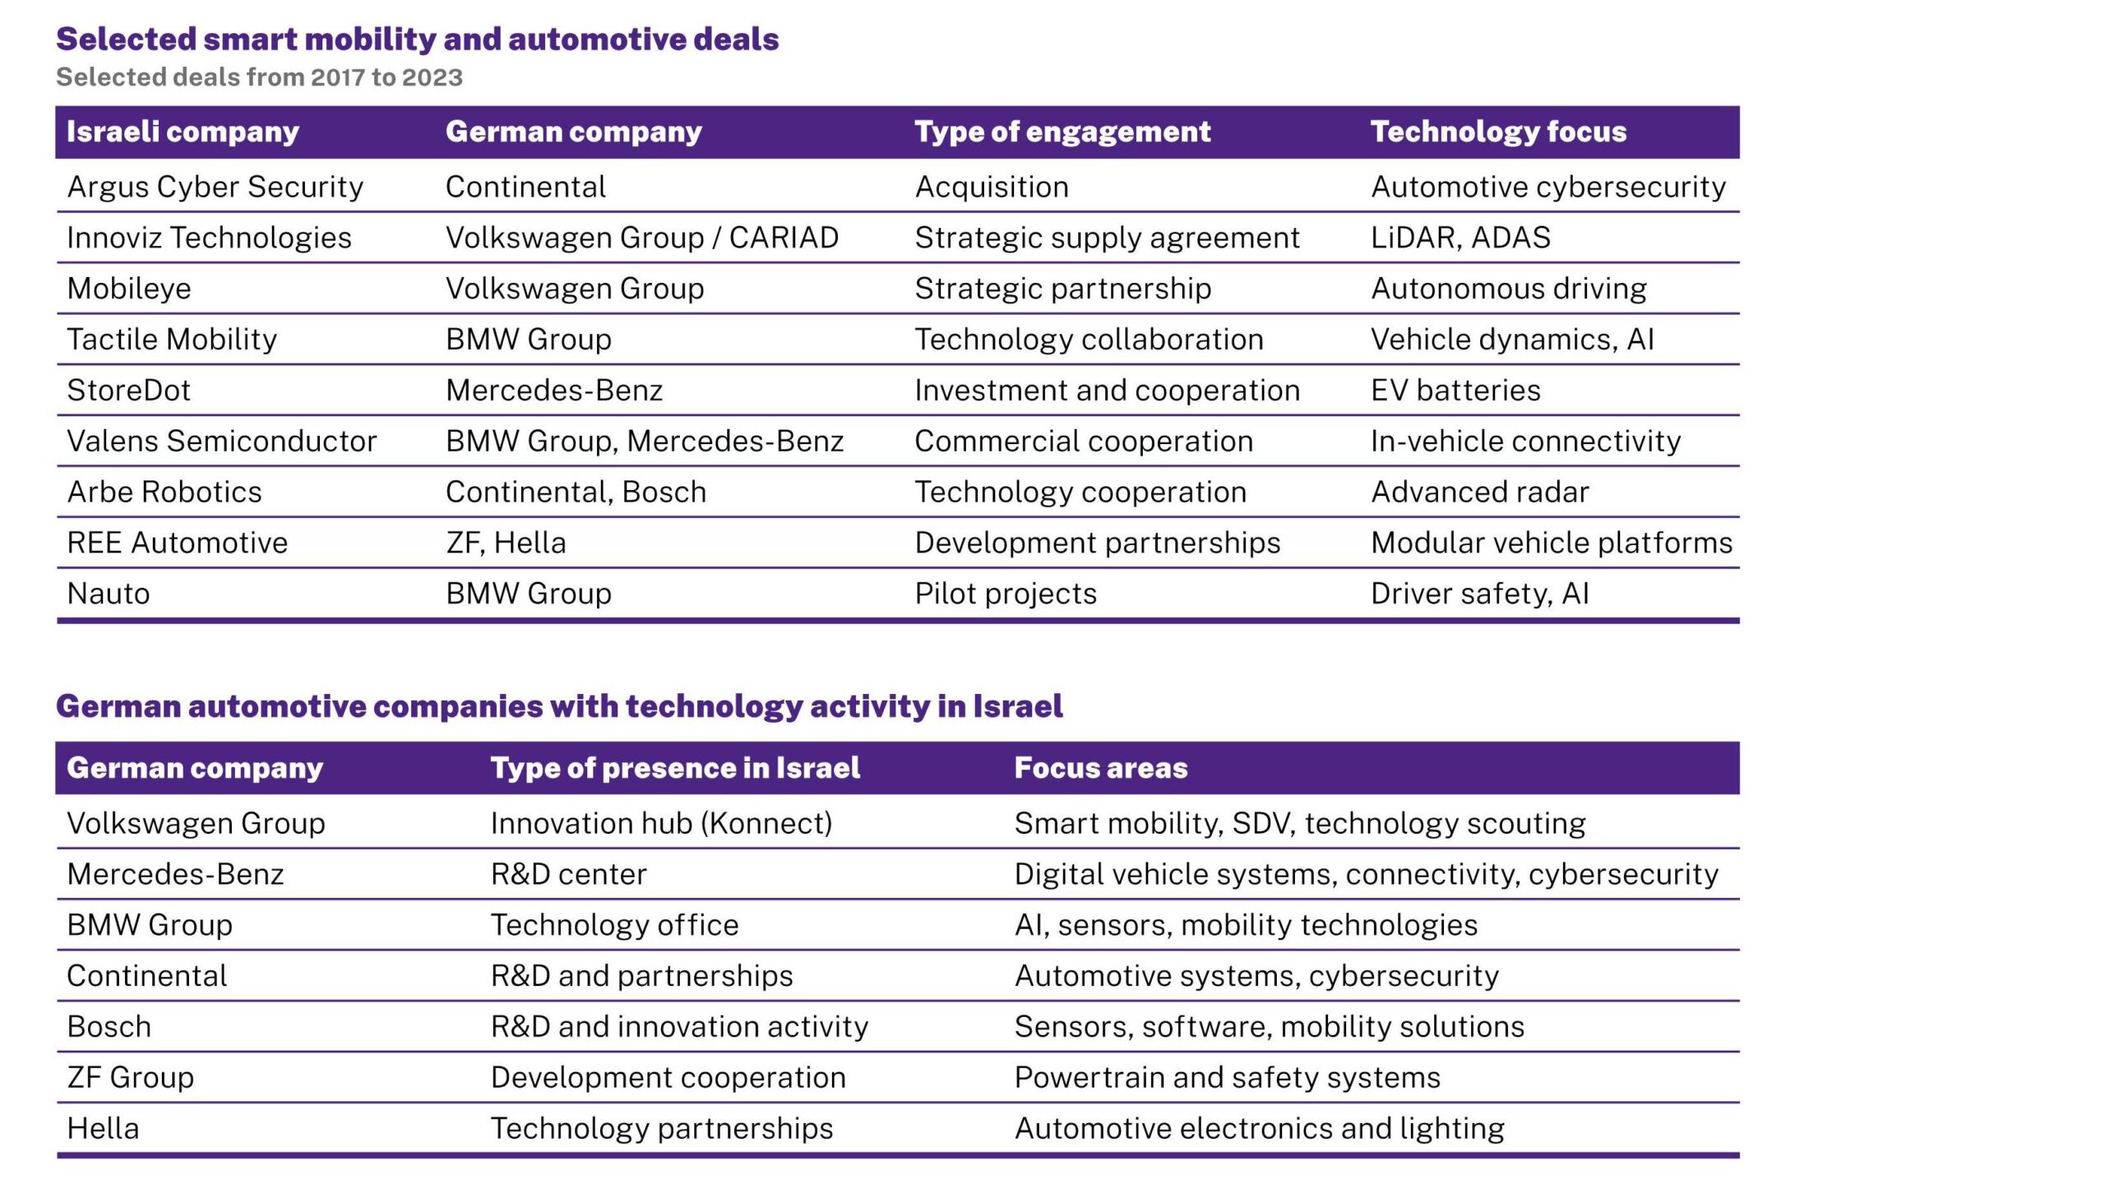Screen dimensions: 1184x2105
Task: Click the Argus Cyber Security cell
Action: coord(215,187)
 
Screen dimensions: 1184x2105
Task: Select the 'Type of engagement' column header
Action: coord(1062,132)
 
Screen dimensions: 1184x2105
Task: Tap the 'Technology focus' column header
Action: coord(1498,132)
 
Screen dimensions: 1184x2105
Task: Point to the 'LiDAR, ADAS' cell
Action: coord(1460,238)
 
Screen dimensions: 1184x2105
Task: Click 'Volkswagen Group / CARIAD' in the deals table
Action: coord(641,238)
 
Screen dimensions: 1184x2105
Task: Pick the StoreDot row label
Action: coord(128,391)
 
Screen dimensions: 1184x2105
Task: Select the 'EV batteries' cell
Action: coord(1455,391)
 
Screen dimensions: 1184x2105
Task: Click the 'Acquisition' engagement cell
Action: coord(992,187)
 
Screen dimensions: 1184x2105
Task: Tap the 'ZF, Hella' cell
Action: coord(506,543)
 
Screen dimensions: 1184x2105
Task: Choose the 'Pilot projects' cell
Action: coord(1006,594)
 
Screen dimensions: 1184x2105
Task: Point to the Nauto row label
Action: coord(109,594)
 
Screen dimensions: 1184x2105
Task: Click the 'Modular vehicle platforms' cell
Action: coord(1552,543)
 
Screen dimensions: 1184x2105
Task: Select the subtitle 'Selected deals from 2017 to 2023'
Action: coord(259,77)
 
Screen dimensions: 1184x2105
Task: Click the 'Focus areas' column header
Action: coord(1101,768)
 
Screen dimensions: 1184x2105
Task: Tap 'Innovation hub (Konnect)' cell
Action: coord(661,823)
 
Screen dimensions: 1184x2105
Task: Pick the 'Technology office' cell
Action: coord(614,925)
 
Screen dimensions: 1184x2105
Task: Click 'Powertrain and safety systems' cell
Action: coord(1227,1078)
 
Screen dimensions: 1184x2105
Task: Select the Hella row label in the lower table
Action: coord(103,1129)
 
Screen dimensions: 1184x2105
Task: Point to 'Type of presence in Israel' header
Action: coord(675,768)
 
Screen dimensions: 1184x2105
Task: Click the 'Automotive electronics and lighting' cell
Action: coord(1259,1129)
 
